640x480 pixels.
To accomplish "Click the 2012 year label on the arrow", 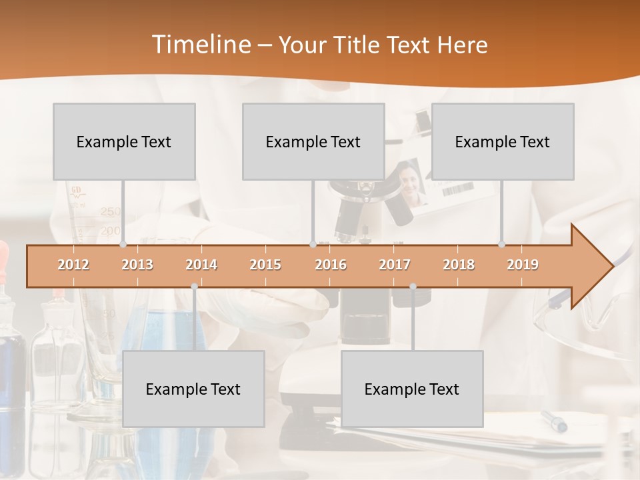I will pyautogui.click(x=73, y=265).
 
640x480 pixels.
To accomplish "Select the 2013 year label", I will pyautogui.click(x=137, y=265).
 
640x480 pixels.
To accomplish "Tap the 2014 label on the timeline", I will pyautogui.click(x=201, y=265).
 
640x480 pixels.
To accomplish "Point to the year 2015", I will pyautogui.click(x=265, y=265).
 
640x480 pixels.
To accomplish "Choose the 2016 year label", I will pyautogui.click(x=331, y=265).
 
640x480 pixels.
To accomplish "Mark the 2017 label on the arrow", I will pyautogui.click(x=395, y=265).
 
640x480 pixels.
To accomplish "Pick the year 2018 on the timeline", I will pyautogui.click(x=459, y=265).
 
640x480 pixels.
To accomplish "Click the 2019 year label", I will pyautogui.click(x=523, y=265).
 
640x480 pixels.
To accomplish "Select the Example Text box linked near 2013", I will pyautogui.click(x=124, y=141).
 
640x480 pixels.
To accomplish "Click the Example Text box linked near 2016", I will pyautogui.click(x=313, y=141).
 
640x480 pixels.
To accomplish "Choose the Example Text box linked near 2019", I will pyautogui.click(x=503, y=141).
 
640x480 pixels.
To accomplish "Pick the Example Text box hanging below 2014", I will pyautogui.click(x=193, y=389).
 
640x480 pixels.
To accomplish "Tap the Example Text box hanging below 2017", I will pyautogui.click(x=412, y=389).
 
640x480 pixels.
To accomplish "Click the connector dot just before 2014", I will pyautogui.click(x=194, y=286).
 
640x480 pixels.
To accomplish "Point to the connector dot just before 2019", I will pyautogui.click(x=502, y=245).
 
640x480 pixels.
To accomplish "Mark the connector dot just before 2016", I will pyautogui.click(x=313, y=245).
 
